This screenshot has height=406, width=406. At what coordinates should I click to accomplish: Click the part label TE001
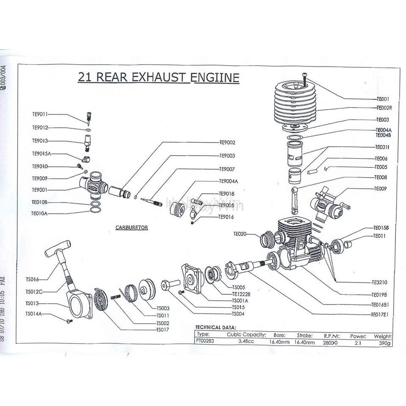382,99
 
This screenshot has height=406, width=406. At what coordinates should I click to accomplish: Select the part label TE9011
40,114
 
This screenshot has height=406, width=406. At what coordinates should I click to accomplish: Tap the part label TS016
32,279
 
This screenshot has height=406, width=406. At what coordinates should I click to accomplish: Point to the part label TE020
239,233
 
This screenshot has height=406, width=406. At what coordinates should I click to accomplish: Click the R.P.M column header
332,335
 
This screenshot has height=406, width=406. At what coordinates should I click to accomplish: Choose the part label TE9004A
229,181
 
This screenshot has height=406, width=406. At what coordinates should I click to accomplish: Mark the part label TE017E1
380,314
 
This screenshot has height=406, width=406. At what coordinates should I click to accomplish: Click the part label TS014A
34,314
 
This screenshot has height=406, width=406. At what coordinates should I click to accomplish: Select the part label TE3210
380,283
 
